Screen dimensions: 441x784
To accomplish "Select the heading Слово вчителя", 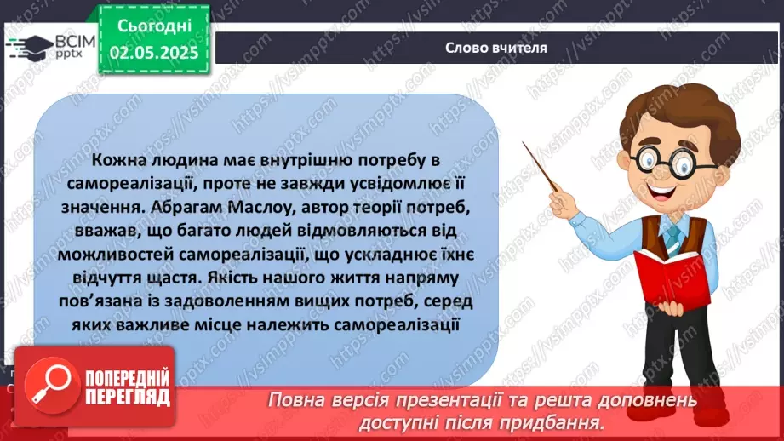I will pos(495,48).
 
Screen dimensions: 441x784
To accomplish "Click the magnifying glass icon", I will pos(47,387).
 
